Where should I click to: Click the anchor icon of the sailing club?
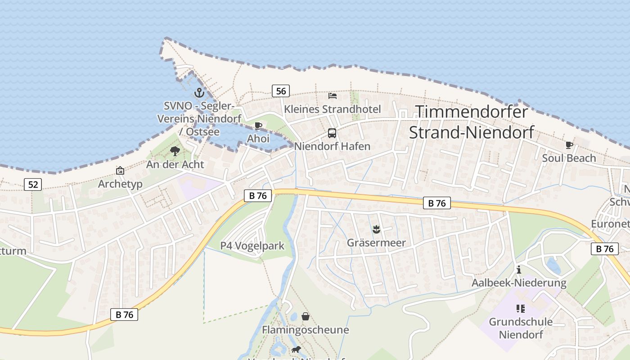coord(199,93)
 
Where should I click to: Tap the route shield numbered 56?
coord(280,91)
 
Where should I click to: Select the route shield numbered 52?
coord(33,184)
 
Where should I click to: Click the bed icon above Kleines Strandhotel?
coord(333,95)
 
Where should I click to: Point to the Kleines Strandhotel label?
coord(332,109)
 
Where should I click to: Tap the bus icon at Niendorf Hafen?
coord(332,133)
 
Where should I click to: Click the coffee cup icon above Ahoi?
coord(258,126)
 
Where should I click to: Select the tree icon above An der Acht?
coord(175,151)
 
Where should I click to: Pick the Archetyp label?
coord(120,184)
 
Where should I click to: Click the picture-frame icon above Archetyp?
coord(120,171)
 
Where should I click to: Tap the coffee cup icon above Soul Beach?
coord(569,145)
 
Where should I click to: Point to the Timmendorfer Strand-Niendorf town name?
coord(471,121)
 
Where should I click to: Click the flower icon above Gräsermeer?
coord(376,229)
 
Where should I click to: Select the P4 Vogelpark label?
coord(252,246)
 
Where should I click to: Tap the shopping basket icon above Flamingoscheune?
coord(306,316)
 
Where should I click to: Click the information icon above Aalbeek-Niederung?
coord(519,270)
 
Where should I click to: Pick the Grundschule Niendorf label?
coord(521,328)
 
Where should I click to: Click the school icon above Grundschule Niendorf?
coord(521,309)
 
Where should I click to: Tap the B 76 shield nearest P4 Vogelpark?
coord(258,195)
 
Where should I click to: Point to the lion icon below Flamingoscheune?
coord(296,349)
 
